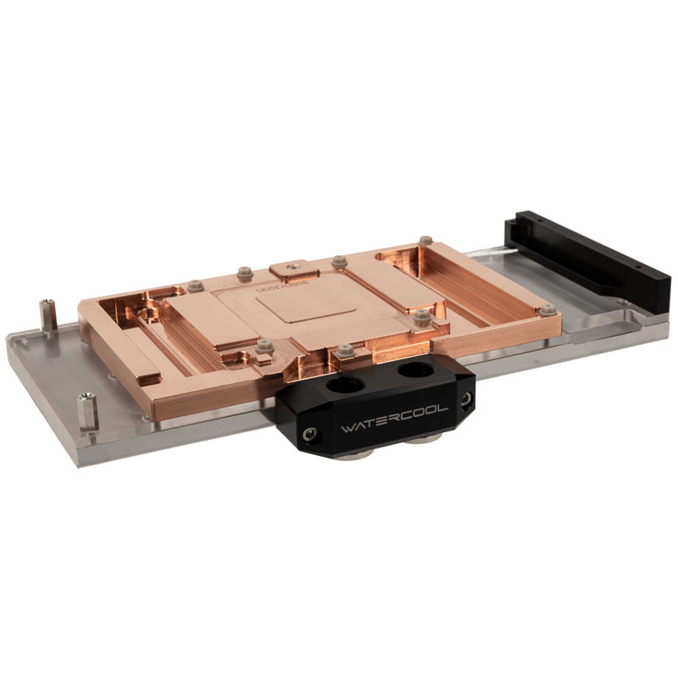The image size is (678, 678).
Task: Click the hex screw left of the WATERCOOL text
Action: click(x=312, y=435)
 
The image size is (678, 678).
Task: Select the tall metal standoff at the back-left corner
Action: click(x=49, y=315)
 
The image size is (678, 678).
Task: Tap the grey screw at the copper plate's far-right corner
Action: click(x=547, y=309)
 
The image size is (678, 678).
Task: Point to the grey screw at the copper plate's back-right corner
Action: click(x=425, y=241)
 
